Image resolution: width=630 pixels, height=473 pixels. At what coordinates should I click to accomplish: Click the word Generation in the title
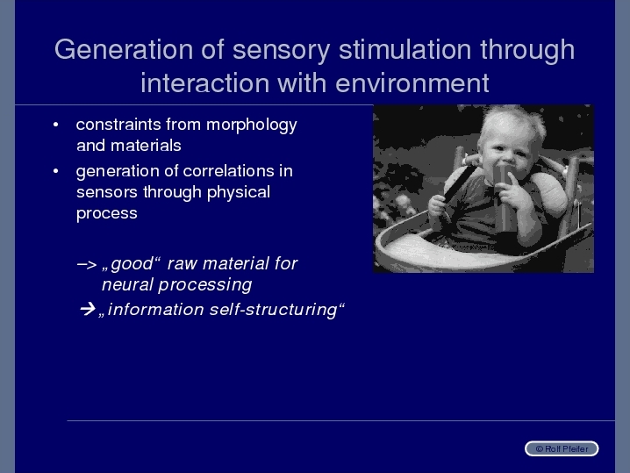(124, 49)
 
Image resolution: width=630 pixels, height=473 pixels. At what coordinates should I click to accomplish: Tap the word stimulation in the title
(405, 49)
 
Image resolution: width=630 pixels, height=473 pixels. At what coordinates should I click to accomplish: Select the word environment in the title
(412, 83)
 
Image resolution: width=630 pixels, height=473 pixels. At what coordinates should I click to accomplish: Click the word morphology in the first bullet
(252, 125)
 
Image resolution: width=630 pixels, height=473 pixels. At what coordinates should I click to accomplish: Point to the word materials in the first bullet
(146, 146)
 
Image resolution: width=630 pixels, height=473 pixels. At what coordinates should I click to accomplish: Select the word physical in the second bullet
(239, 193)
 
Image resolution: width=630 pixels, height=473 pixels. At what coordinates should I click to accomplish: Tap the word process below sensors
(107, 214)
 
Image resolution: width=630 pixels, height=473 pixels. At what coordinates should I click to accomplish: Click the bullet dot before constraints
(56, 125)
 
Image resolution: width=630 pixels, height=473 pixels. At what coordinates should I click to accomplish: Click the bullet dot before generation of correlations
(56, 171)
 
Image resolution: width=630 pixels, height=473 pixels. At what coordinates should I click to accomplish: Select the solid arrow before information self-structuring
(88, 309)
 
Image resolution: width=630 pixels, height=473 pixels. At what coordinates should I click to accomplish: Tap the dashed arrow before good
(87, 264)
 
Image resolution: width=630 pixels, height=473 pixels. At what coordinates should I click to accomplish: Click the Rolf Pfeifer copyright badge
(562, 448)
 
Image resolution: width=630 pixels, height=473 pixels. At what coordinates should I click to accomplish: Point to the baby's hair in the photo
(511, 118)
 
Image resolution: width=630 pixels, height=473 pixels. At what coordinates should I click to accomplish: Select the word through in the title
(527, 50)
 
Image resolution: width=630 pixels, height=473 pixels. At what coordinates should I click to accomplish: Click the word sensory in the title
(282, 51)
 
